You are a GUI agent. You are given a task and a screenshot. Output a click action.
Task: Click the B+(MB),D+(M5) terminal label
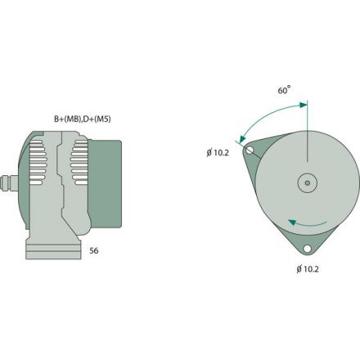(x=83, y=119)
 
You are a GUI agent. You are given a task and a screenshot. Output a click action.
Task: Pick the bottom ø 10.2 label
(x=308, y=268)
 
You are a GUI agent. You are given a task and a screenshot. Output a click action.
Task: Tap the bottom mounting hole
(x=307, y=249)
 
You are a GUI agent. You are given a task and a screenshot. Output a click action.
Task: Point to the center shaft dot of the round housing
(x=307, y=183)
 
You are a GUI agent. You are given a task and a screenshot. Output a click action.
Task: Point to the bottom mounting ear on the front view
(x=307, y=243)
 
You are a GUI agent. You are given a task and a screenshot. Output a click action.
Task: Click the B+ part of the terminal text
(x=61, y=119)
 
